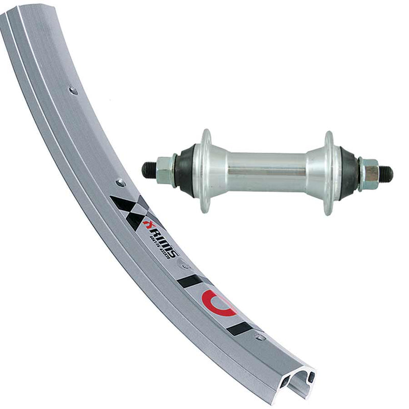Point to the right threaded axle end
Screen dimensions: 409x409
(386, 174)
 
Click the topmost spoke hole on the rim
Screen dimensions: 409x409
(73, 90)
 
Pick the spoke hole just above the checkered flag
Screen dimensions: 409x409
(120, 181)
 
